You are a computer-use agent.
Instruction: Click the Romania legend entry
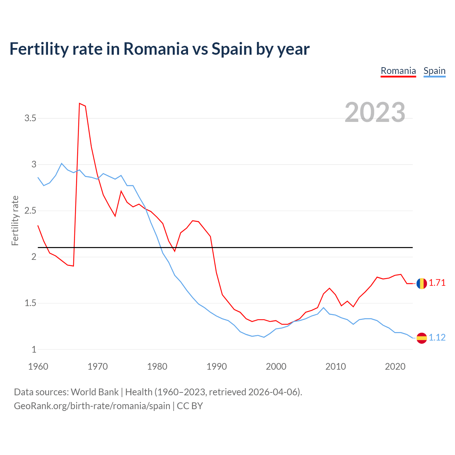click(398, 71)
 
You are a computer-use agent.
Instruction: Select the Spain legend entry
click(434, 71)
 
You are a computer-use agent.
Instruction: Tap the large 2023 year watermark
click(375, 112)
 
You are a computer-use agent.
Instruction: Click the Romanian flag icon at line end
click(422, 283)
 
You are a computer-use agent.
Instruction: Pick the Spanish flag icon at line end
click(422, 338)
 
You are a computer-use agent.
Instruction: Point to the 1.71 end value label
click(437, 283)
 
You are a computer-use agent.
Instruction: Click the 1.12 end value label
click(437, 338)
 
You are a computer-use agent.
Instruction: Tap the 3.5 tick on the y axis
click(30, 118)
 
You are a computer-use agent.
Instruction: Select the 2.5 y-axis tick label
click(30, 211)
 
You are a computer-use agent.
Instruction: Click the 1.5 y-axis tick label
click(30, 303)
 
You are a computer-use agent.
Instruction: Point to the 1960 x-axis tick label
click(38, 366)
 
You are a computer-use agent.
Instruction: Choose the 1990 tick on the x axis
click(216, 366)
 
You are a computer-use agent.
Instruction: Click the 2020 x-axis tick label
click(395, 366)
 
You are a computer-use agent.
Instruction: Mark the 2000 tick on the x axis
click(276, 366)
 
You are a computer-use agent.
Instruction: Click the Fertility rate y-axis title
click(15, 220)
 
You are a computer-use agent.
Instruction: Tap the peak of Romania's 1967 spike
click(79, 103)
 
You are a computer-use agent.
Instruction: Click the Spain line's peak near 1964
click(61, 164)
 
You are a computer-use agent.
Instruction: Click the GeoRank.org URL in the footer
click(92, 406)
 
